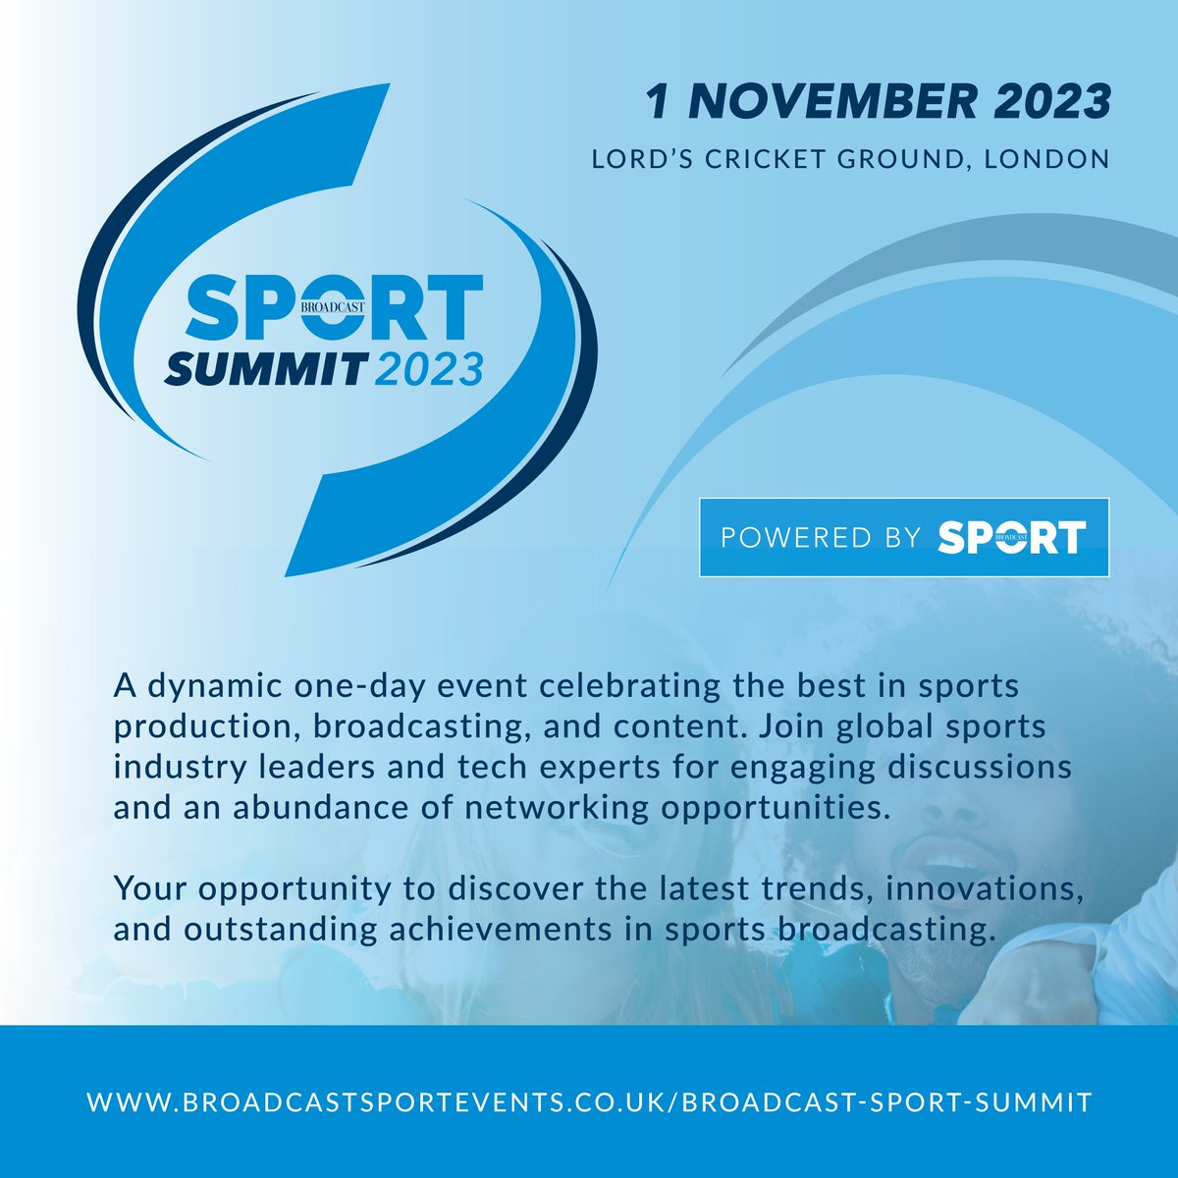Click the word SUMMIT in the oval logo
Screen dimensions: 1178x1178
264,369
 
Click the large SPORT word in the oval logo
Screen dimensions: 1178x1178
333,306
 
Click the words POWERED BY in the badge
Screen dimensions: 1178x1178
820,537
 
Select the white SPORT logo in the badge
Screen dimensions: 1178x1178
1011,537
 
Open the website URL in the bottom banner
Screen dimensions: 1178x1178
589,1101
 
